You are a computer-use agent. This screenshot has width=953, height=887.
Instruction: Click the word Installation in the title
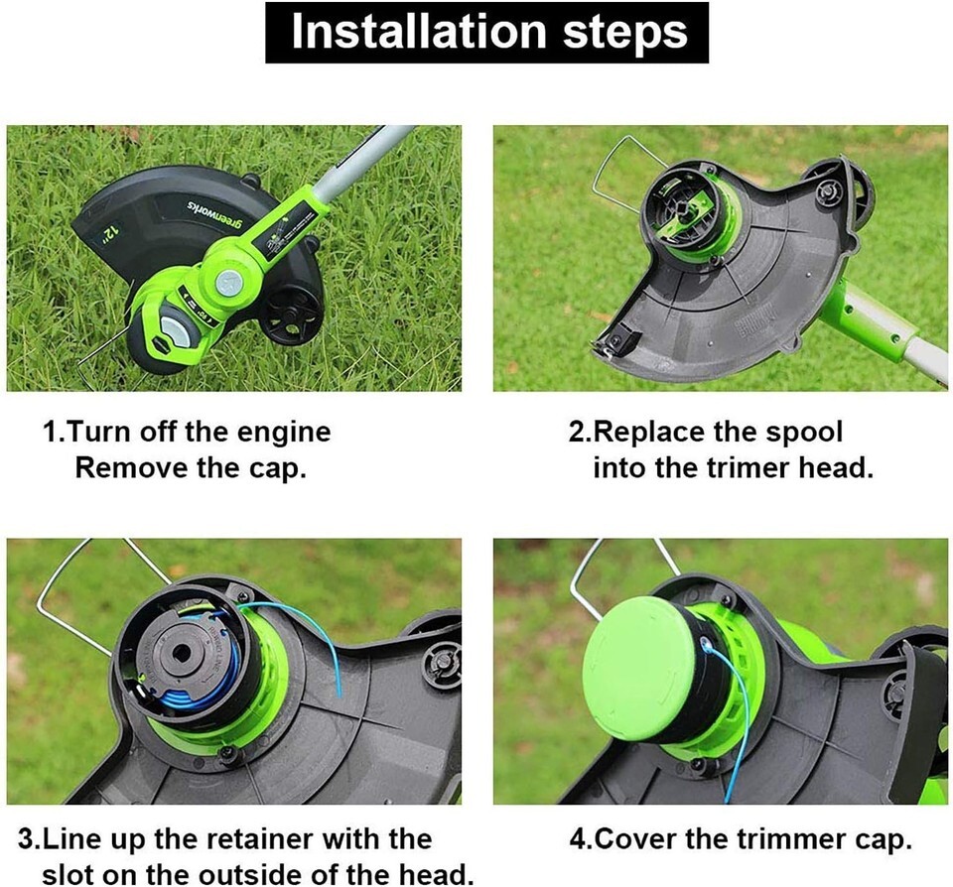coord(419,32)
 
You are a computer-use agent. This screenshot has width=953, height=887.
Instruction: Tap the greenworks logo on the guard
coord(214,214)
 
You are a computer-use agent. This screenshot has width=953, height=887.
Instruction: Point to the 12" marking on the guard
coord(110,232)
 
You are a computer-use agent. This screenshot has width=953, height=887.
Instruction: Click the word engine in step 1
coord(284,434)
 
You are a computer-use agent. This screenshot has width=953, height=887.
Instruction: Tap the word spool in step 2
coord(804,434)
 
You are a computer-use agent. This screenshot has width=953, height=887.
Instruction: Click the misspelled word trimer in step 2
coord(749,468)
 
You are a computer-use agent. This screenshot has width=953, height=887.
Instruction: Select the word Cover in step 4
coord(634,839)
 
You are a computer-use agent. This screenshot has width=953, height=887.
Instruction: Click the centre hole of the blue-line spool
coord(181,654)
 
